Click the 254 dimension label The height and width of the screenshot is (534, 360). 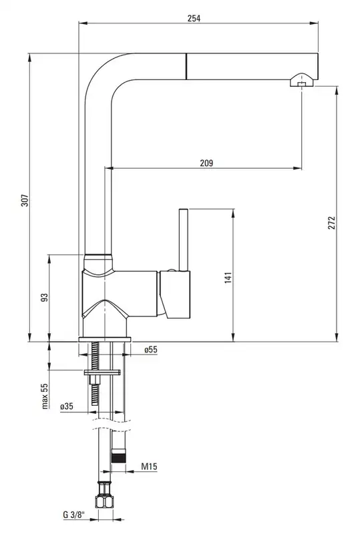194,18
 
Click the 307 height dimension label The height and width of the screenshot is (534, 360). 25,200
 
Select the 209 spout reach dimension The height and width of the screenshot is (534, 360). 206,163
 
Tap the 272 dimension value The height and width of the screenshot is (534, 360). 332,222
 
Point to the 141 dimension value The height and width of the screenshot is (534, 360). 228,278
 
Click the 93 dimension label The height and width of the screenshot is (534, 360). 44,297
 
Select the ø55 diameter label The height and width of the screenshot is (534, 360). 151,349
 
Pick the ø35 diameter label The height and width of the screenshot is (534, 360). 67,406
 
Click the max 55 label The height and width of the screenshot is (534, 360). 45,396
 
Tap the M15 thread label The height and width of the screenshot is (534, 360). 150,466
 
